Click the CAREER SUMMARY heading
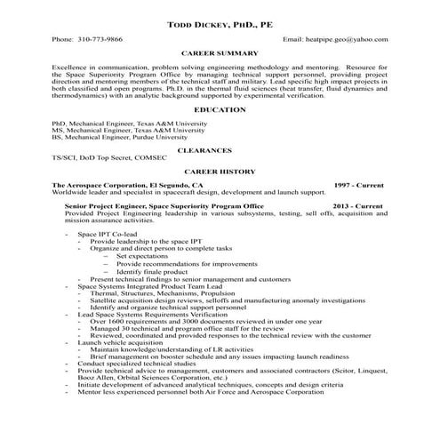(x=220, y=54)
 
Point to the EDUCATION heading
(x=220, y=109)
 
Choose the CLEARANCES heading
(x=220, y=151)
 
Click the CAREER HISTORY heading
(x=220, y=172)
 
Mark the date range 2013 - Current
(x=358, y=205)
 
